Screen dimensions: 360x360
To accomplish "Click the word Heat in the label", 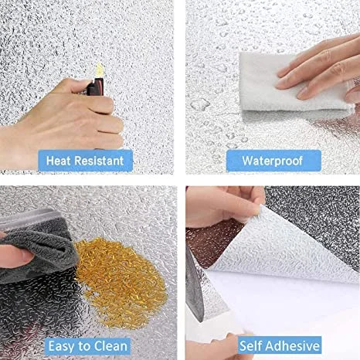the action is coord(58,161).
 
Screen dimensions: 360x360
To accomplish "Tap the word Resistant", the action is coord(99,161).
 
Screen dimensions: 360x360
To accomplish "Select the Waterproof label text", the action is coord(273,161).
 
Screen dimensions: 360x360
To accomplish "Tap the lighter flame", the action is coord(99,70).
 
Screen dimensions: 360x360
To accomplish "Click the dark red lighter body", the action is coord(96,87).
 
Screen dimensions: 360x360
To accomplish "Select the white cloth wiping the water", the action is coord(291,83).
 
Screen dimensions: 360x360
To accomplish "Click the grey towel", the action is coord(36,247).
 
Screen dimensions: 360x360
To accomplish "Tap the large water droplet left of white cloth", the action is coord(200,104).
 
